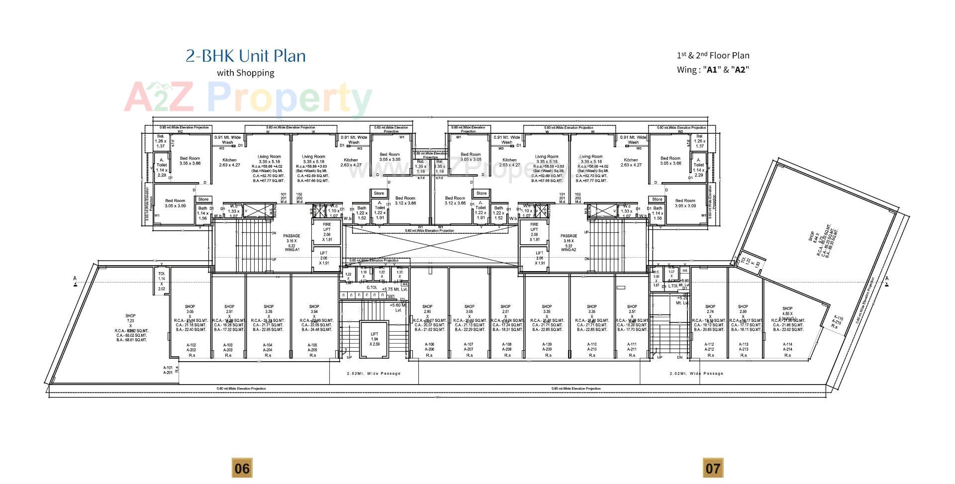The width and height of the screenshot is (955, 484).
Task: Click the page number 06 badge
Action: click(x=242, y=468)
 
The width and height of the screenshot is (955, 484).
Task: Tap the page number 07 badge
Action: click(x=712, y=468)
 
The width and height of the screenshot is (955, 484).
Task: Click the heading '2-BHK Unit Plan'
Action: click(x=246, y=56)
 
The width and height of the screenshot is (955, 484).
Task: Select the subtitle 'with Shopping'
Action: click(x=246, y=73)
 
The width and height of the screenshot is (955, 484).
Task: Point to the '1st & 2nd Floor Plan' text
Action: click(x=713, y=56)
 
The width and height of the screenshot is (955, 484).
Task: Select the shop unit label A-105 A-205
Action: click(x=312, y=347)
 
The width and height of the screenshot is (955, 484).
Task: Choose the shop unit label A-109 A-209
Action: click(x=547, y=347)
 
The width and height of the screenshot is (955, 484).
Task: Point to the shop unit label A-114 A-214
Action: click(x=787, y=347)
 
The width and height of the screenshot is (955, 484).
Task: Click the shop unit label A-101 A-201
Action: click(x=168, y=370)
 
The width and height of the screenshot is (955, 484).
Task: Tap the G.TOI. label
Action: click(x=372, y=287)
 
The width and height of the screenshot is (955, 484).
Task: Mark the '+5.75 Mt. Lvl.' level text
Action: click(x=394, y=289)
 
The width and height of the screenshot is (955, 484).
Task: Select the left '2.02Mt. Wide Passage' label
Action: click(x=374, y=373)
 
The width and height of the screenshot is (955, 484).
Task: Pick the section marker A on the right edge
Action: click(x=886, y=279)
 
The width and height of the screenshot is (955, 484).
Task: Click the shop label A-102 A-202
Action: click(x=191, y=347)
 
